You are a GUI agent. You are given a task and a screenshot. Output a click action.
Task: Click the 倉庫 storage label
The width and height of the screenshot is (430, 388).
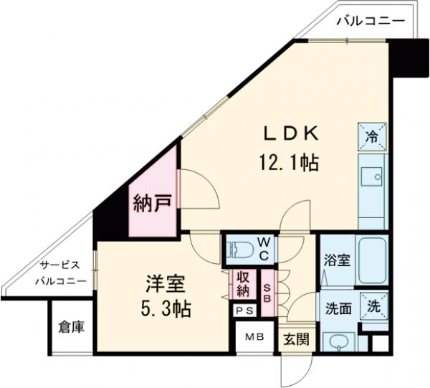[72, 328]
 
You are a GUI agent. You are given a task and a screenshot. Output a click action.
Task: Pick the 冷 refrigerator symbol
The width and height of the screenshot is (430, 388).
[373, 135]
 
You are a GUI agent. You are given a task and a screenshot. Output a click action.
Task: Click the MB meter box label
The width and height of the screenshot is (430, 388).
[254, 336]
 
